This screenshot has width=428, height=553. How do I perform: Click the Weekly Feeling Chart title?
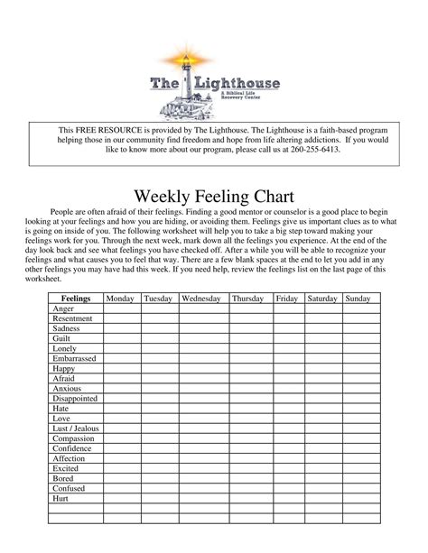tap(213, 198)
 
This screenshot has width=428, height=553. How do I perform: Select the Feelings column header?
tap(75, 298)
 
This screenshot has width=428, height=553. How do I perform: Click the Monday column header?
tap(120, 298)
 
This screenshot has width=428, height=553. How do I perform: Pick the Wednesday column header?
tap(203, 298)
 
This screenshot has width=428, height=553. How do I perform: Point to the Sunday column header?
tap(358, 298)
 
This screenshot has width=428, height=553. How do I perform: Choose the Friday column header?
tap(286, 298)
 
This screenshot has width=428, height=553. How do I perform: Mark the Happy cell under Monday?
tap(120, 368)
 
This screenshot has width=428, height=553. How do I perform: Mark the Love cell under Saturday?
tap(322, 419)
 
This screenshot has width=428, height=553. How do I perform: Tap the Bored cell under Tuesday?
tap(159, 478)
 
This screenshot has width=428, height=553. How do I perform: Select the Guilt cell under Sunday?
tap(358, 338)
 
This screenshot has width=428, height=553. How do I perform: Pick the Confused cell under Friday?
tap(286, 488)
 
